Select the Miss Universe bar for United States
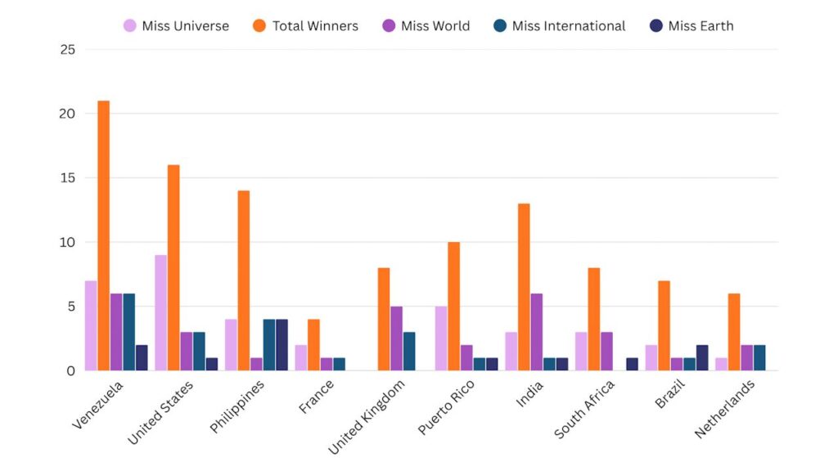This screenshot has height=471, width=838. [160, 312]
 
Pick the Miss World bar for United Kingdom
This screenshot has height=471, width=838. [397, 339]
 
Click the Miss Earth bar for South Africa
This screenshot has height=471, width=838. [632, 364]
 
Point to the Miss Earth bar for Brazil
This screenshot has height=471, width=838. [702, 357]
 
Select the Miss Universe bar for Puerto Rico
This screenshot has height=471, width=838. [440, 339]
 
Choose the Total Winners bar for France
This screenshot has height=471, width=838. [314, 344]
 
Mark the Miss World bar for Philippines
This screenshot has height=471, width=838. [257, 364]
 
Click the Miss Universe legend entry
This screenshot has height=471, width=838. [176, 26]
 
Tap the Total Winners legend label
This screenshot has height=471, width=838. [315, 26]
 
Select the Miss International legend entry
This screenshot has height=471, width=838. [560, 26]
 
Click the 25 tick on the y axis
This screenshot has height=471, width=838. [68, 50]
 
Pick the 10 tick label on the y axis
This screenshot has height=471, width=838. [68, 242]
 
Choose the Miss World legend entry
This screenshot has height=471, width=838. [426, 26]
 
